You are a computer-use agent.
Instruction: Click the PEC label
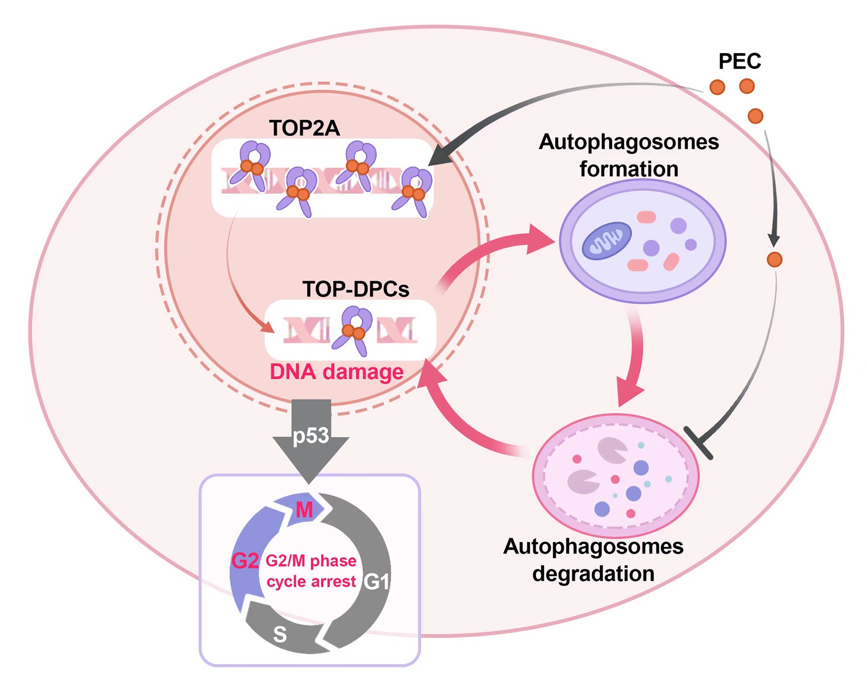739,61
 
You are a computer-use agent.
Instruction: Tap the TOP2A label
304,128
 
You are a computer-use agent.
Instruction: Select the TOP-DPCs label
356,289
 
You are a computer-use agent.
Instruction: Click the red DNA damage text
336,372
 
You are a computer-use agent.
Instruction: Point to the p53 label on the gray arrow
311,435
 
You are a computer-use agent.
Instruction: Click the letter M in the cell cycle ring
304,510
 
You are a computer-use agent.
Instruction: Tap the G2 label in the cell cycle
245,560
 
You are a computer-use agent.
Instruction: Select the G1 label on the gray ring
377,582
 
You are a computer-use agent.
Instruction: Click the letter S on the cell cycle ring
280,634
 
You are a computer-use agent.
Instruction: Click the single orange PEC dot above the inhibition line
774,260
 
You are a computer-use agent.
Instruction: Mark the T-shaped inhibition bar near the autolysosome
698,443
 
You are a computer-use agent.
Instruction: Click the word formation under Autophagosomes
629,169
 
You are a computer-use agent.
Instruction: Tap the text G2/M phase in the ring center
311,560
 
